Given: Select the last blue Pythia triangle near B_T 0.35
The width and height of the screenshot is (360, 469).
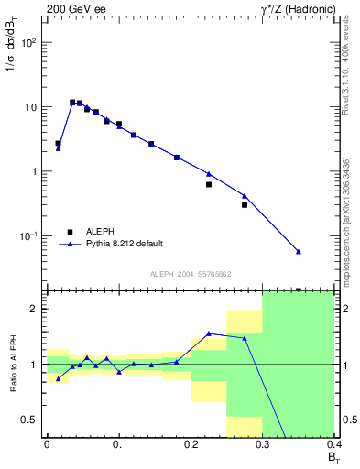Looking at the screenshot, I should click(299, 251).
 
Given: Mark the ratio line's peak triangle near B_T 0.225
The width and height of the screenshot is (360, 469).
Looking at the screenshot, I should click(209, 333).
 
